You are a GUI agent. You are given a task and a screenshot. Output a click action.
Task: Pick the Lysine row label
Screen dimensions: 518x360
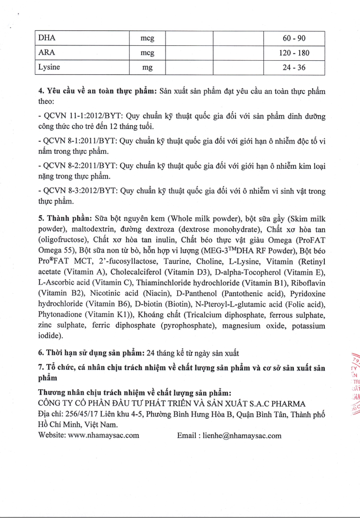[49, 68]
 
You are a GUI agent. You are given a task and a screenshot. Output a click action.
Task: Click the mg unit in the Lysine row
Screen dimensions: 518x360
[147, 68]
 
